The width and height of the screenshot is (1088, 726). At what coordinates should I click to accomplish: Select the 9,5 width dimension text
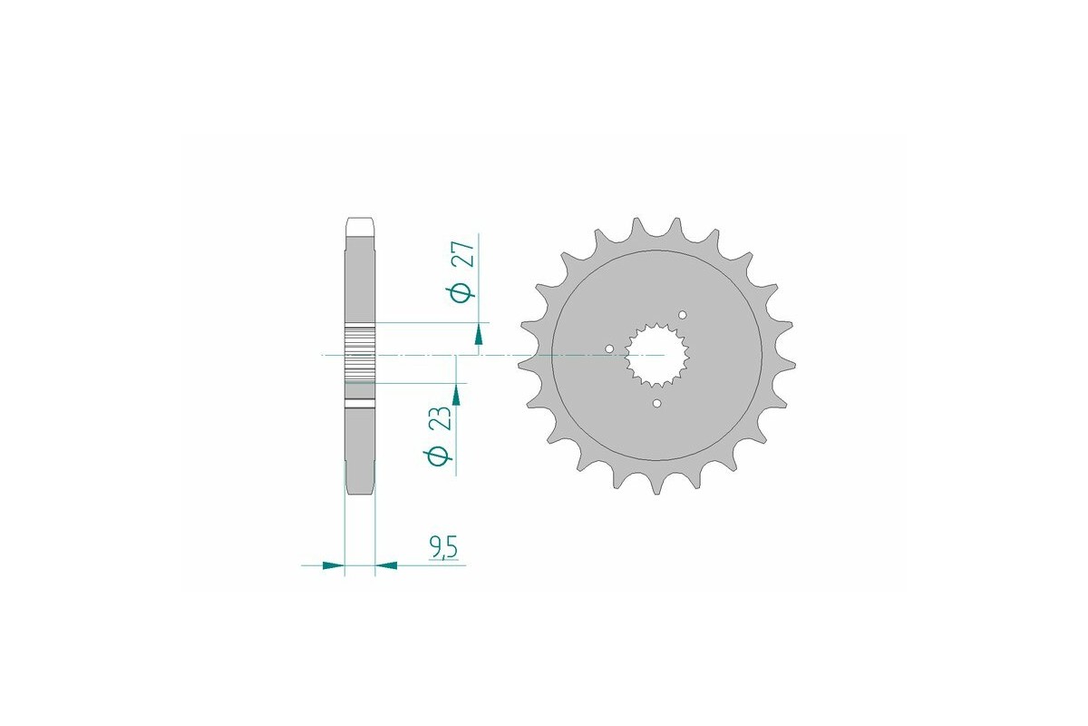click(442, 547)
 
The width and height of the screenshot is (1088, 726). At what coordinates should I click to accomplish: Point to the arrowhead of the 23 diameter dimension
click(455, 393)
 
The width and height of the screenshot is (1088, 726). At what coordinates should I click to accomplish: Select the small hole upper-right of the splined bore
click(683, 315)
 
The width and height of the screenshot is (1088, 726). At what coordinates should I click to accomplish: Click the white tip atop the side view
click(359, 221)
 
